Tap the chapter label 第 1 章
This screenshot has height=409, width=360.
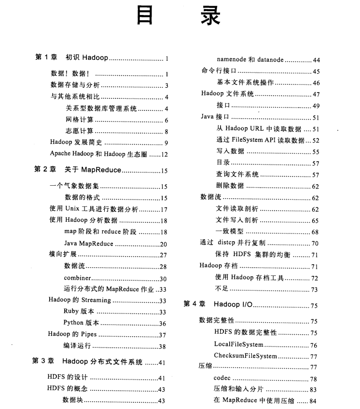46,58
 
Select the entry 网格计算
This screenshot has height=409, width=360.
80,120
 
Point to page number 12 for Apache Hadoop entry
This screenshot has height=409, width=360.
164,154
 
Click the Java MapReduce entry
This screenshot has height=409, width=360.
89,244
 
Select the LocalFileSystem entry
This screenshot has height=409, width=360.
238,344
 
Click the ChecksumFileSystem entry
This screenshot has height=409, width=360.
245,356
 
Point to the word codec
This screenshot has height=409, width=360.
222,379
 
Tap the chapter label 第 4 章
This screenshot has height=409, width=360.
194,304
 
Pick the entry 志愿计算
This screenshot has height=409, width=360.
80,131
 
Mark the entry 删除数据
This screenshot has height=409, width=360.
230,186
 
